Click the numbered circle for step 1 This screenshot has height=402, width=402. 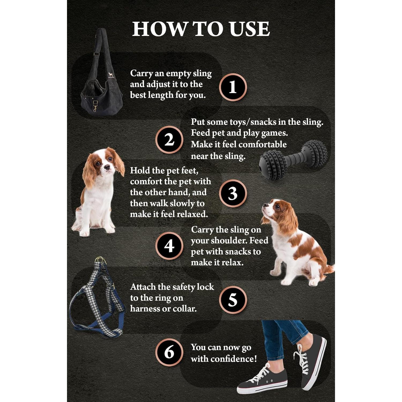(x=233, y=87)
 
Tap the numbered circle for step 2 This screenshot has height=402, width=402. (x=169, y=140)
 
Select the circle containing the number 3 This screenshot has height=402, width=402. (x=233, y=193)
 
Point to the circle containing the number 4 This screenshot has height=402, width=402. (x=169, y=246)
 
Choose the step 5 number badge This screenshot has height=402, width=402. (x=233, y=300)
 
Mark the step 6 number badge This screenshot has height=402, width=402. (x=169, y=352)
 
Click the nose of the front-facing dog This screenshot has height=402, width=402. (x=107, y=167)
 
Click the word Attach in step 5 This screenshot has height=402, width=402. (x=143, y=287)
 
